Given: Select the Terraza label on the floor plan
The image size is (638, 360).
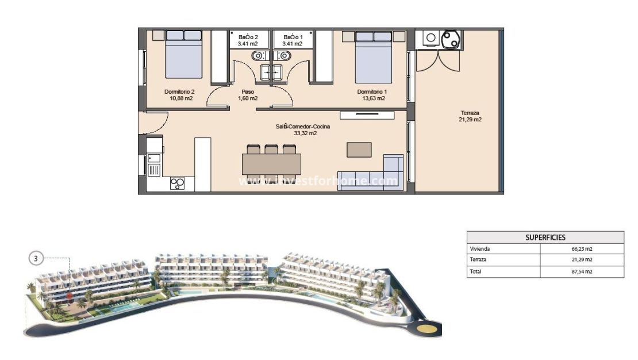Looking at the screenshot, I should point(470,113).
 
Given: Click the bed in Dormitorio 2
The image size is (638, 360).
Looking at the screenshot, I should point(184,54).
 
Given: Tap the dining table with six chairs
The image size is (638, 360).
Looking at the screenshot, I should point(271,164).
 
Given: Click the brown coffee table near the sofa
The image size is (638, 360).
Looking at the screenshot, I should point(359,150).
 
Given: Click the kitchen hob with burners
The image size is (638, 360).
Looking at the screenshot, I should point(178,184).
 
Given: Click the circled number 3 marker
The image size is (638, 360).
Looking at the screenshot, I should point(36,259).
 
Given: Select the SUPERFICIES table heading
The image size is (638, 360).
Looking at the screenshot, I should point(545,237).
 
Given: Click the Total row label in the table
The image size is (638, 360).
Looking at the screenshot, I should point(475,271).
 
